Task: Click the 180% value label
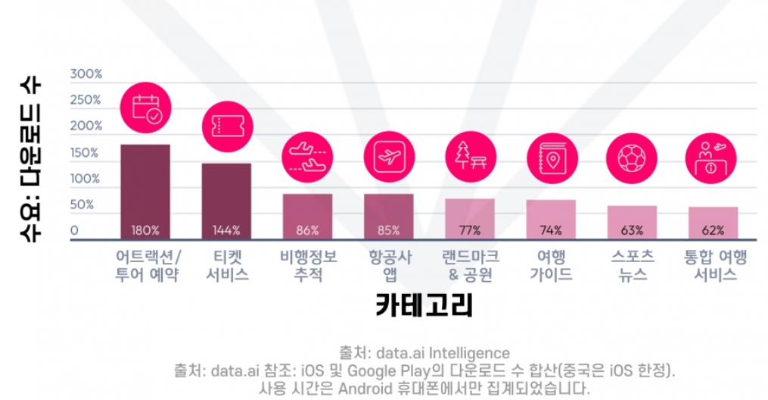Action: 145,230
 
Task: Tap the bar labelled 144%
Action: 226,202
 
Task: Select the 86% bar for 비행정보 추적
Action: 308,217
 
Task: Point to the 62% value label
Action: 713,230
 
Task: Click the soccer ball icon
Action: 632,158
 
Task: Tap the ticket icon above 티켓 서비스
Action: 227,127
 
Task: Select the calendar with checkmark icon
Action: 145,108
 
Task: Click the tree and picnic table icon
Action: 471,157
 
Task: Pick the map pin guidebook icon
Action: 552,158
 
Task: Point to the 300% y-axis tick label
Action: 86,74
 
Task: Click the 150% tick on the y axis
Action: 84,152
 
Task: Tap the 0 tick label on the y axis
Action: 74,230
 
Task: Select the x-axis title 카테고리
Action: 424,305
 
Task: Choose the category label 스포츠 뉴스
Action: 633,265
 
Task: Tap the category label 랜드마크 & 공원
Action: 471,265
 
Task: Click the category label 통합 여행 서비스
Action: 715,265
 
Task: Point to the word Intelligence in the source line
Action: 469,353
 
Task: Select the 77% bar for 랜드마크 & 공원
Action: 470,219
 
